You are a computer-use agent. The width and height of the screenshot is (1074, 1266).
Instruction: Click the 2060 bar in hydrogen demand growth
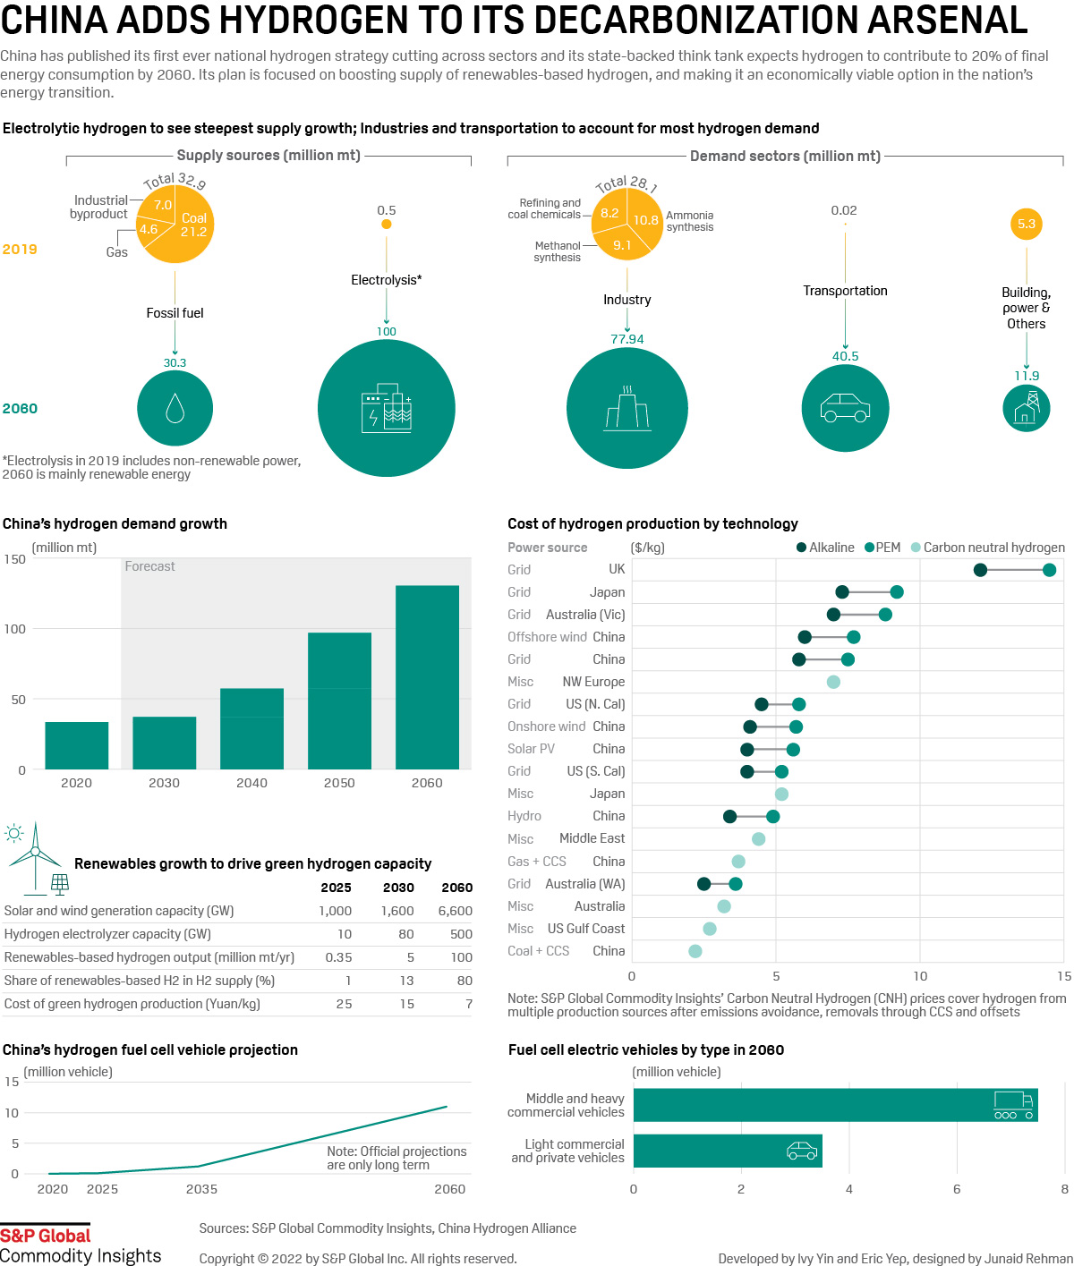427,676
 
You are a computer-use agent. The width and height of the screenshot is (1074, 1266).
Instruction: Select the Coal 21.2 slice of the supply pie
193,225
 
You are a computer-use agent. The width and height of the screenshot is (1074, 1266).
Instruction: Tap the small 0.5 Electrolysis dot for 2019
387,224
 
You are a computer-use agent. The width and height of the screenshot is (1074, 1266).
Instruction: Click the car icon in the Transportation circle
845,408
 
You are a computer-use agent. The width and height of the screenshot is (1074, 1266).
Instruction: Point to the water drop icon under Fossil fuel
175,408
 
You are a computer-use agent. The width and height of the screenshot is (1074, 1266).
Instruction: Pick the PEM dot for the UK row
1049,570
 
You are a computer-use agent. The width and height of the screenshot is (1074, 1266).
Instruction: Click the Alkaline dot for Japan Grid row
842,592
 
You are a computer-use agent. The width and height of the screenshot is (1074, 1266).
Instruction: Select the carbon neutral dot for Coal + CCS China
695,951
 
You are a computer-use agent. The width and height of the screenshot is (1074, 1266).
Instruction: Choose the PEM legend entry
882,548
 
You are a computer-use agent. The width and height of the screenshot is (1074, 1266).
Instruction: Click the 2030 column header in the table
398,888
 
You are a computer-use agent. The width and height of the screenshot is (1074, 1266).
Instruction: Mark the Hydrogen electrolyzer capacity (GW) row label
107,934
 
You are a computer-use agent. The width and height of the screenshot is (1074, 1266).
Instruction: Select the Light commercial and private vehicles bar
727,1151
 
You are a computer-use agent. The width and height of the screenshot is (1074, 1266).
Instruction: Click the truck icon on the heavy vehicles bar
1013,1105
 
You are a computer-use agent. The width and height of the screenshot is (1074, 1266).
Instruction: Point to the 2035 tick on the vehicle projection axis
201,1189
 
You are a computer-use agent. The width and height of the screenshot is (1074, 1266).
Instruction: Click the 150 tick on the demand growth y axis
15,559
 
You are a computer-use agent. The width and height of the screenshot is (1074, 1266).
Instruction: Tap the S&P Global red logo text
46,1236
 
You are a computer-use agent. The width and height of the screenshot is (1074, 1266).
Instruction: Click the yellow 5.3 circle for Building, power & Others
1027,224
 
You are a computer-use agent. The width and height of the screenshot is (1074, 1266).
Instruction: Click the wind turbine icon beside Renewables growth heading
34,854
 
